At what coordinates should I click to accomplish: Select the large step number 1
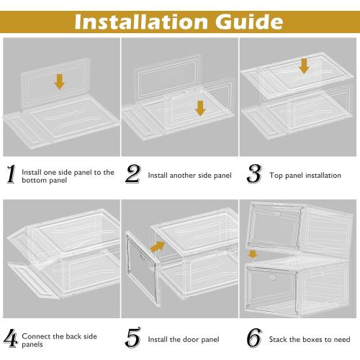point(10,175)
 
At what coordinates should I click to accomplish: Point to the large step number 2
point(132,175)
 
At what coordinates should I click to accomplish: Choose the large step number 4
point(10,337)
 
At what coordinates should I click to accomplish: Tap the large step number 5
point(132,337)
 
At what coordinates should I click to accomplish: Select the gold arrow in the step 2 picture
point(199,108)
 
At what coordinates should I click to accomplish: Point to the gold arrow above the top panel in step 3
point(304,66)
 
